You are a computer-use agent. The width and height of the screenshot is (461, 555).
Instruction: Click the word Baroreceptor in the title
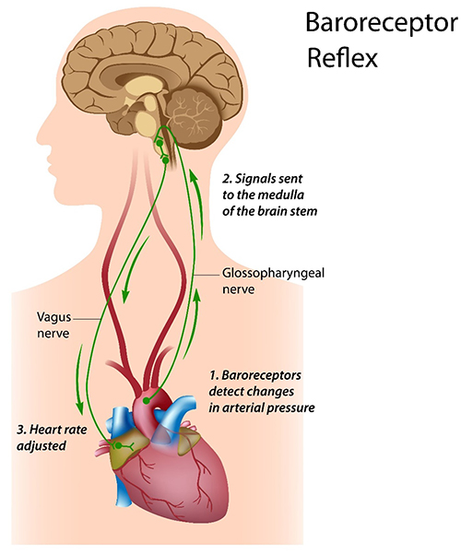[382, 23]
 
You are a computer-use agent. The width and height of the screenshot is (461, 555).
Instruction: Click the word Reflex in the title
[342, 58]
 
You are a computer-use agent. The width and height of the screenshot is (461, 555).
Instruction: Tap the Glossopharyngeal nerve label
[273, 281]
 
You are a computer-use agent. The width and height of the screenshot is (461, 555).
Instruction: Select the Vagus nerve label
[53, 325]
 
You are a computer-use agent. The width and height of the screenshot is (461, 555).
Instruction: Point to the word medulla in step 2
[281, 195]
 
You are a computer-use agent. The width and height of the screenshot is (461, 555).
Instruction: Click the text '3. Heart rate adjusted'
[52, 438]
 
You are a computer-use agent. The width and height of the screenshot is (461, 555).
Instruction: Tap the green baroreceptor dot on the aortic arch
[146, 401]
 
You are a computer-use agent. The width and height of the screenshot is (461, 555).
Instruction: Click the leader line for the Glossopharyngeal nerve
[207, 275]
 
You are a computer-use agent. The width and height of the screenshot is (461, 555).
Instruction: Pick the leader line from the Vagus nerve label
[87, 319]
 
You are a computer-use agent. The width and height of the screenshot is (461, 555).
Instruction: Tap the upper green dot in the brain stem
[160, 143]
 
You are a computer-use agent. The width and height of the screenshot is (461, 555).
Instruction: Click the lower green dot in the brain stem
[165, 160]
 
